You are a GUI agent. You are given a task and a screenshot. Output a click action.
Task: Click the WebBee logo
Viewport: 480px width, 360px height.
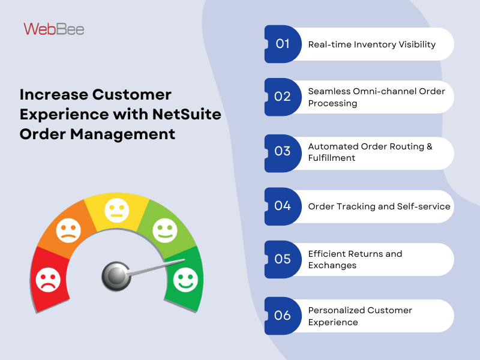coord(54,28)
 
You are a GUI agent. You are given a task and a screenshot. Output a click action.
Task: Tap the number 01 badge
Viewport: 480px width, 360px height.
coord(283,44)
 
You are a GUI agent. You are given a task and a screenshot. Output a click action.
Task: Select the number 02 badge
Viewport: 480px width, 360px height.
coord(283,97)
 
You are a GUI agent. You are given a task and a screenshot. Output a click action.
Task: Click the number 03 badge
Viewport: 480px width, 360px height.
coord(283,151)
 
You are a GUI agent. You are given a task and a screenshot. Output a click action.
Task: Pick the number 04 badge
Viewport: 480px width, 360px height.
coord(283,206)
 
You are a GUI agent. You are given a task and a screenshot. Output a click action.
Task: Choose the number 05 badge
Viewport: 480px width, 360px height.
coord(283,259)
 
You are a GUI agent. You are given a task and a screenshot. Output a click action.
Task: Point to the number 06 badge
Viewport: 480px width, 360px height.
coord(283,316)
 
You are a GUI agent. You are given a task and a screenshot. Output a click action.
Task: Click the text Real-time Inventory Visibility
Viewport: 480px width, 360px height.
coord(371,44)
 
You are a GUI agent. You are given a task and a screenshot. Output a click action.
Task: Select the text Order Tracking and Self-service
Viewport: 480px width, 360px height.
coord(379,206)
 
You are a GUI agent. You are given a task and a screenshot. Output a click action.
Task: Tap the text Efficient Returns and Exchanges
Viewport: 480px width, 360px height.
coord(355,260)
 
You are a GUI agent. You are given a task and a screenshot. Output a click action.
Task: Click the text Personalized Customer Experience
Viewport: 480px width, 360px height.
coord(360,316)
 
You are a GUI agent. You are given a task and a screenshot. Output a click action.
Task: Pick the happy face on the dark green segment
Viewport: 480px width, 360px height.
coord(185,278)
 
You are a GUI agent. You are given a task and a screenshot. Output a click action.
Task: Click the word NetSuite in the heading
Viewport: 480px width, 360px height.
coord(188,114)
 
